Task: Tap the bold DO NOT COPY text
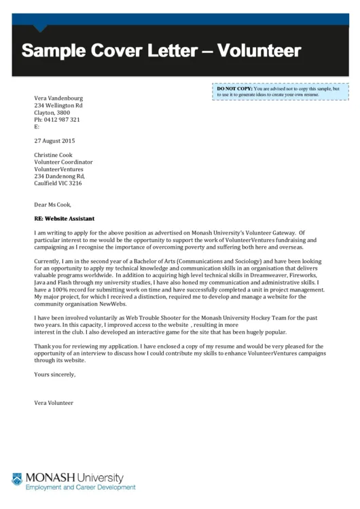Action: [x=234, y=89]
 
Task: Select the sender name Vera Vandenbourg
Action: [x=60, y=98]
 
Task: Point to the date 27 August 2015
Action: [x=54, y=141]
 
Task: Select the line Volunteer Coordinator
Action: [x=63, y=162]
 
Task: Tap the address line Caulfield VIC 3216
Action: [x=58, y=183]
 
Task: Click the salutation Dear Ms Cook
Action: [x=52, y=204]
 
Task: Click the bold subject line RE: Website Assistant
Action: [x=64, y=219]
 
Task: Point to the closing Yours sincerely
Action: [x=54, y=374]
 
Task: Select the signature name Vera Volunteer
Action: [x=54, y=403]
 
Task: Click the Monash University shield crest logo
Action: [x=17, y=480]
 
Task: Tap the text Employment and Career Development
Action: [x=80, y=488]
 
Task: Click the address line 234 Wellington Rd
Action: [x=58, y=105]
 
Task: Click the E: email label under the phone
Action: [x=37, y=126]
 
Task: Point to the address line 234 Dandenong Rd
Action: [x=60, y=176]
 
